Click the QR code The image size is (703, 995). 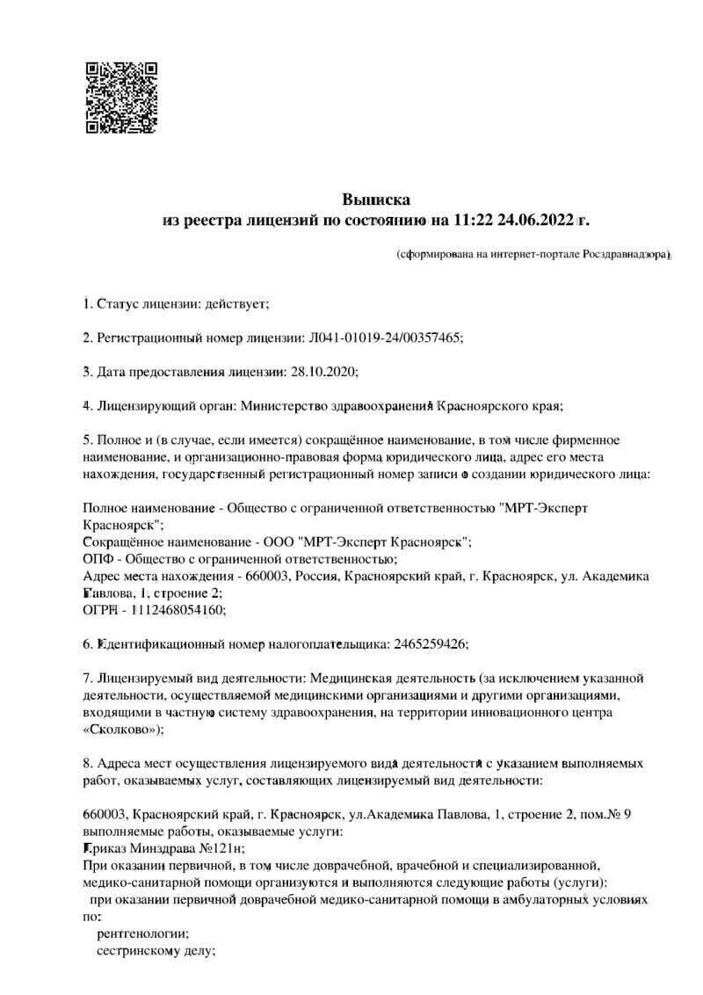point(120,97)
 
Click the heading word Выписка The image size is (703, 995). point(375,200)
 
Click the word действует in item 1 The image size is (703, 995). point(235,304)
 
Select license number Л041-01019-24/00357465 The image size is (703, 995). point(384,338)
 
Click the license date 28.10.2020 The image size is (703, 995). point(323,371)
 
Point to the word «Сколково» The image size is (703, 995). point(121,729)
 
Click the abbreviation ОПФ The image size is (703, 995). point(97,558)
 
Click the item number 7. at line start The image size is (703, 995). point(88,678)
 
